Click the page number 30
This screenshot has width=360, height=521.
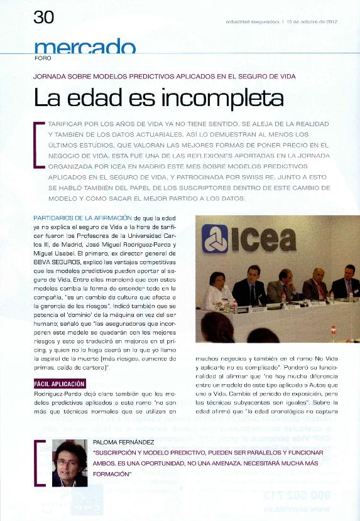point(43,18)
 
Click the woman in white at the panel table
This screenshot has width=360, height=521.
point(215,290)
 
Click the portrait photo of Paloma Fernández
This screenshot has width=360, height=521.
point(69,463)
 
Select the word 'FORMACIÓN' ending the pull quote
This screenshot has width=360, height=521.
point(111,475)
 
